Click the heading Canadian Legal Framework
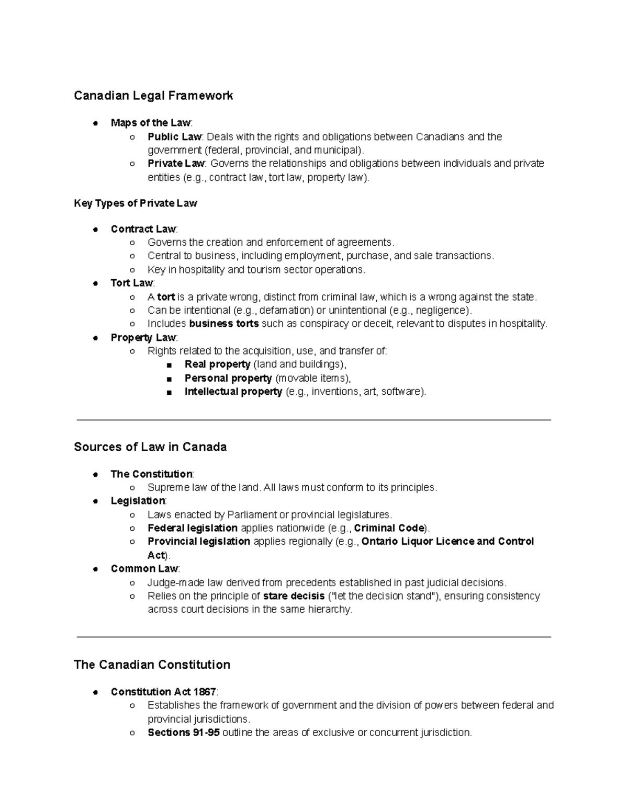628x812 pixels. [153, 96]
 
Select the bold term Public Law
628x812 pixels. [174, 137]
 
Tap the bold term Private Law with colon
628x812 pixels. [176, 164]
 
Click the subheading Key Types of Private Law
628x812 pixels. [136, 203]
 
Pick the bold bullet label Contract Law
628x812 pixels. [143, 229]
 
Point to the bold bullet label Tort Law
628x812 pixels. [131, 283]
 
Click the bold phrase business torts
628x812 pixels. [223, 324]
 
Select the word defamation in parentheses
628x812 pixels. [286, 310]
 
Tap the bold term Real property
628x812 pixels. [217, 364]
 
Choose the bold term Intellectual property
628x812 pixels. [233, 392]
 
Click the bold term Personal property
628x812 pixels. [228, 378]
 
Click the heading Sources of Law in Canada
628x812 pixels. [150, 447]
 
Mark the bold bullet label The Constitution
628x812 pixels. [151, 474]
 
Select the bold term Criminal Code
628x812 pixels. [389, 528]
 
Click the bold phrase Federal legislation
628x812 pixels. [193, 528]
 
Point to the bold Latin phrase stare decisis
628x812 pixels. [289, 596]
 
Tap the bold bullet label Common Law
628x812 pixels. [144, 569]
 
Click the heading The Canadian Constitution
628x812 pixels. [152, 665]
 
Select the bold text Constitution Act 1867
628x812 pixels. [163, 692]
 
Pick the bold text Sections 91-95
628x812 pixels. [183, 733]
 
